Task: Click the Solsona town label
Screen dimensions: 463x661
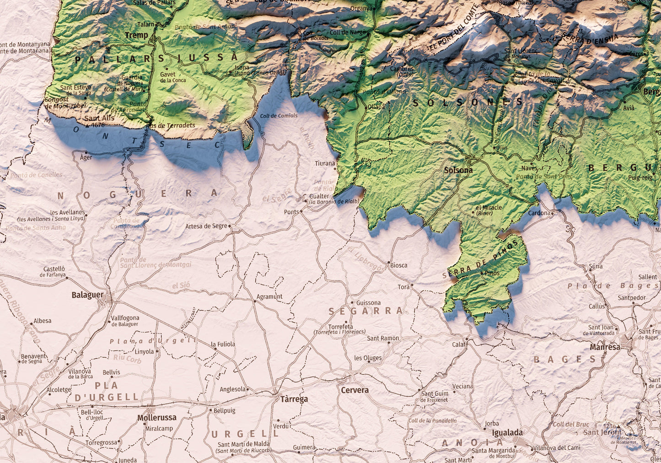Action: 458,170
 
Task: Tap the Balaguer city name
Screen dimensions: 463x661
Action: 87,295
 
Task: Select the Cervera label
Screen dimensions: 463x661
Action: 355,390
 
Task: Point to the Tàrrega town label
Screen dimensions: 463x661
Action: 294,399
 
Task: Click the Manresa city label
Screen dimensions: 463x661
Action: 605,347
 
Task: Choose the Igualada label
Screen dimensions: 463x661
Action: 507,432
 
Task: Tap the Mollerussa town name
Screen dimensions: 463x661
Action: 156,418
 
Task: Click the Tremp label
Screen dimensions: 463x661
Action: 136,35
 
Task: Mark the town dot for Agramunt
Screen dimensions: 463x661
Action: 255,301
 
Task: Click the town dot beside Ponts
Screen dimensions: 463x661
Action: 301,211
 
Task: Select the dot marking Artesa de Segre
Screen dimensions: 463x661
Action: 230,226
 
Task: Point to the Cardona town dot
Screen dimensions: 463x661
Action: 553,213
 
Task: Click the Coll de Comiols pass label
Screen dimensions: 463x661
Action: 279,116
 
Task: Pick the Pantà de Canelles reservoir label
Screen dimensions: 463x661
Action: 36,175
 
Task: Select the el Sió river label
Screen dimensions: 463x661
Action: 181,285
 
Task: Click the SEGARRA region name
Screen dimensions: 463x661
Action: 365,311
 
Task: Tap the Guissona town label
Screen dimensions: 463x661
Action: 368,302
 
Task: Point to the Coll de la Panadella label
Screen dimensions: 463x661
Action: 432,420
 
